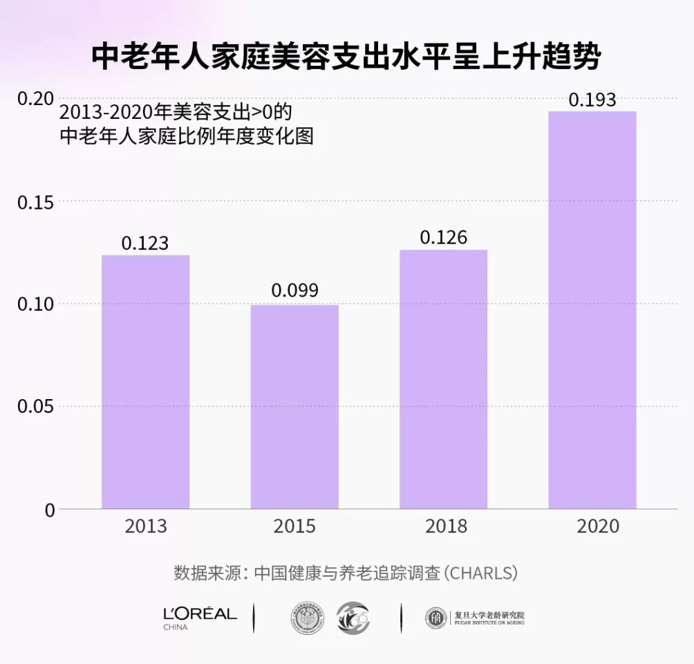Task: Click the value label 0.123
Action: (x=145, y=243)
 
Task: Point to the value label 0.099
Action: (x=294, y=290)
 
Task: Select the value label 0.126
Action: (x=444, y=238)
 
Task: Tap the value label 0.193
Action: (x=592, y=100)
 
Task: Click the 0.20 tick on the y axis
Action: (x=35, y=99)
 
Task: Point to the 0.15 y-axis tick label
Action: (x=35, y=201)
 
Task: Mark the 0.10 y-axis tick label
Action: (x=35, y=304)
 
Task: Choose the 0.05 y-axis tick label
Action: (x=35, y=407)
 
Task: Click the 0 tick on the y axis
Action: (x=49, y=510)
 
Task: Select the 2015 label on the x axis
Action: (x=294, y=526)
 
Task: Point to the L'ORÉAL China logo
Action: (x=200, y=617)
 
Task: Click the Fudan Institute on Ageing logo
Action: (x=474, y=617)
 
